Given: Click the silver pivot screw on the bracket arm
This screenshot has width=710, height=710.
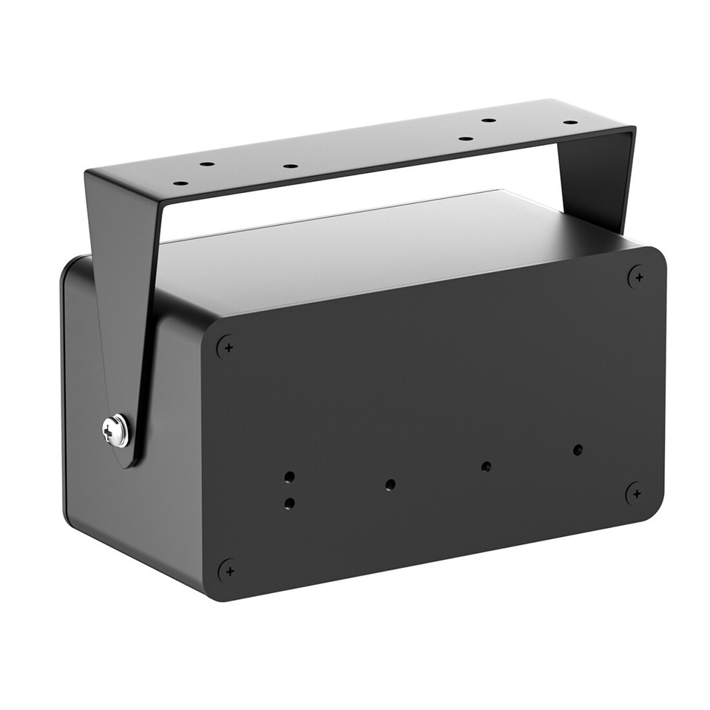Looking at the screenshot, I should point(115,430).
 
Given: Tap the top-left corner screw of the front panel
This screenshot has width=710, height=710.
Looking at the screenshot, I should point(226,346).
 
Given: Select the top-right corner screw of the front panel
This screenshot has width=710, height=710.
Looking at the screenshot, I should point(637,277).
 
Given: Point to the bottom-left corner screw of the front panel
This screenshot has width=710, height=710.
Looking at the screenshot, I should point(229,570).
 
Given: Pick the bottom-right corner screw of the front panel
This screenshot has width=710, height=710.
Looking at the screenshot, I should point(635,493).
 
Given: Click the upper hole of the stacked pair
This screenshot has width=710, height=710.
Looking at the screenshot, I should point(290,476).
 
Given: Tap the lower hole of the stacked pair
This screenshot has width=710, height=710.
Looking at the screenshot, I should point(289,504).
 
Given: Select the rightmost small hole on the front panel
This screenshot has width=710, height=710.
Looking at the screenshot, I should point(578,449).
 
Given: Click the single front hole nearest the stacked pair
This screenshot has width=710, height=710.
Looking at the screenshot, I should point(390,484).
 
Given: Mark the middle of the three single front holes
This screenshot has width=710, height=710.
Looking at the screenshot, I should point(486,466).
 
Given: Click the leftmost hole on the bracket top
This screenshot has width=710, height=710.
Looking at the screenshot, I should point(180,183).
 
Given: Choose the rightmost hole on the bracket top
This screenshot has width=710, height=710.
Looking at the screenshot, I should point(570,122).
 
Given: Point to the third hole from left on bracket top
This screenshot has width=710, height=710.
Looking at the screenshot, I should point(291,166).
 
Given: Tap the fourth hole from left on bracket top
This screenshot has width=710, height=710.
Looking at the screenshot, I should point(465,138).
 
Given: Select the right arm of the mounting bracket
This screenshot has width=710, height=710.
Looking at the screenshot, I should point(595,177).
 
